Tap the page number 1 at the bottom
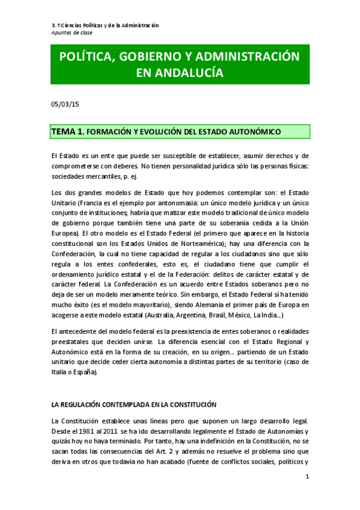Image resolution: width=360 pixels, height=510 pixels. pyautogui.click(x=307, y=476)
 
